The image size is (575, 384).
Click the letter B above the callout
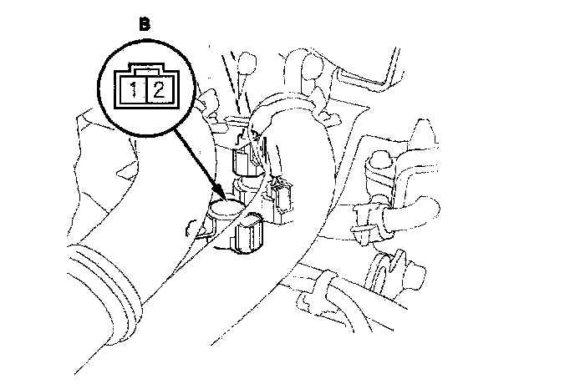[145, 25]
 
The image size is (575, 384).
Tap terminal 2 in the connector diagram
[157, 88]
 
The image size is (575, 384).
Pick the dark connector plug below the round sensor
[251, 237]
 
